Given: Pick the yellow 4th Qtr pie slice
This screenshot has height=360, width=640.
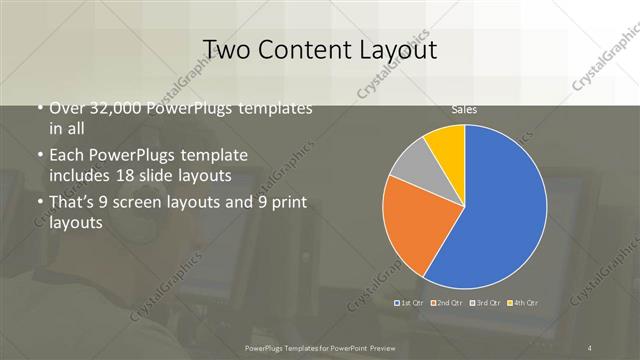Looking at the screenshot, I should [x=446, y=145].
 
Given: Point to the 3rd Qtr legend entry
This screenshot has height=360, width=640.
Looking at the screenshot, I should [x=485, y=301].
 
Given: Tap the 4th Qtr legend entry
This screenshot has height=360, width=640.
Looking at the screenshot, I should [x=524, y=301].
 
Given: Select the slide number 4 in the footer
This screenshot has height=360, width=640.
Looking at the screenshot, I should [x=590, y=347].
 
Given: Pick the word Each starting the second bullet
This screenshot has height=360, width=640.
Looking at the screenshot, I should [x=66, y=157].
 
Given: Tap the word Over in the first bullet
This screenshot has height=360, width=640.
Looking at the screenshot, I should [x=67, y=109].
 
